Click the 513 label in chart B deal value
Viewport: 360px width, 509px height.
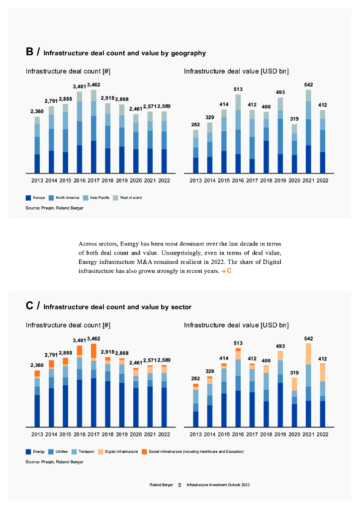pos(238,89)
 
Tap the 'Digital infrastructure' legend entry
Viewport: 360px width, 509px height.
pos(118,451)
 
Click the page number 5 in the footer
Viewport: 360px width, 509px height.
pos(180,484)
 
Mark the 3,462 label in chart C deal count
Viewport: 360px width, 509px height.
pos(93,339)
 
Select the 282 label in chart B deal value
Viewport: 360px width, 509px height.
pos(195,125)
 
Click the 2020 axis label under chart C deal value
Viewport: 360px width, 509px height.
pos(294,434)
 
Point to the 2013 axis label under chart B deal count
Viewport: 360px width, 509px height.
pos(37,180)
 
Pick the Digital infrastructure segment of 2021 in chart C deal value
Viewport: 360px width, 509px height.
pos(308,354)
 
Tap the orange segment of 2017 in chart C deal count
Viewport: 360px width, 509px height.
pos(93,350)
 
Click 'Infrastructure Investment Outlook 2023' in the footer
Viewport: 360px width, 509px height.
pos(215,484)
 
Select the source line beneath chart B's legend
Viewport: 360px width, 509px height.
pos(54,208)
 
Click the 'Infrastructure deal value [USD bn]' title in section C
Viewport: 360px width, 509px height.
pos(236,325)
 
